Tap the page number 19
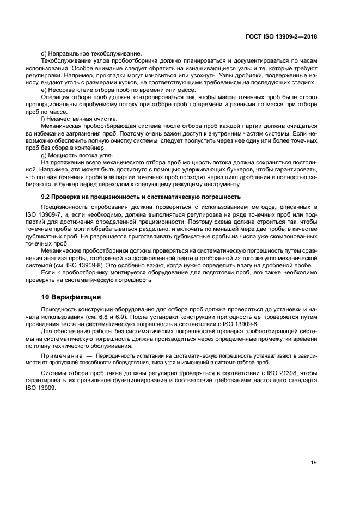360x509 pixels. pyautogui.click(x=314, y=463)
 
